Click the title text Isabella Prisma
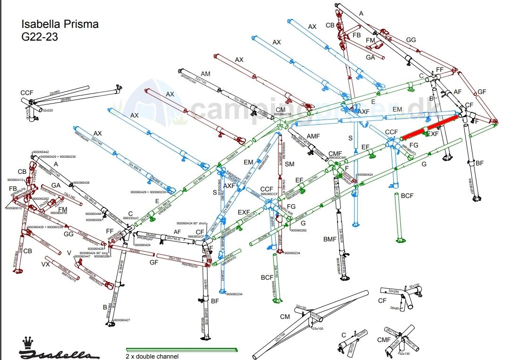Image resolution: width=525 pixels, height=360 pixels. (x=60, y=24)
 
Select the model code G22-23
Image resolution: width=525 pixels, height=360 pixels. (x=40, y=37)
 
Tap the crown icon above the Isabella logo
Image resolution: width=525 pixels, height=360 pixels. (x=28, y=341)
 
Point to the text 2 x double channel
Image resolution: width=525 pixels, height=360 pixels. (x=152, y=356)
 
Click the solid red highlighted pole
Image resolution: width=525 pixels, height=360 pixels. (x=430, y=128)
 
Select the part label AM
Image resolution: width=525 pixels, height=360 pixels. (x=205, y=74)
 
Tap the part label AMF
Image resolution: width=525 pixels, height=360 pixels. (x=313, y=136)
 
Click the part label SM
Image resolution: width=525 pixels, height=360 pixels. (x=290, y=163)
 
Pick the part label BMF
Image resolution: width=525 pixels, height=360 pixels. (x=330, y=239)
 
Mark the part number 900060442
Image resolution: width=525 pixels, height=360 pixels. (x=41, y=152)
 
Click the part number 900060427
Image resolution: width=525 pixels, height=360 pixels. (x=122, y=320)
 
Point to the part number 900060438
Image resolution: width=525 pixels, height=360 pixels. (x=81, y=183)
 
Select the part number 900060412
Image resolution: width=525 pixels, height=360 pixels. (x=15, y=180)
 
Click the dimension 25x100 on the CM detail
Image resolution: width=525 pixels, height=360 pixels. (x=317, y=328)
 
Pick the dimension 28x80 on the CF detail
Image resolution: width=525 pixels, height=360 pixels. (x=395, y=308)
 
